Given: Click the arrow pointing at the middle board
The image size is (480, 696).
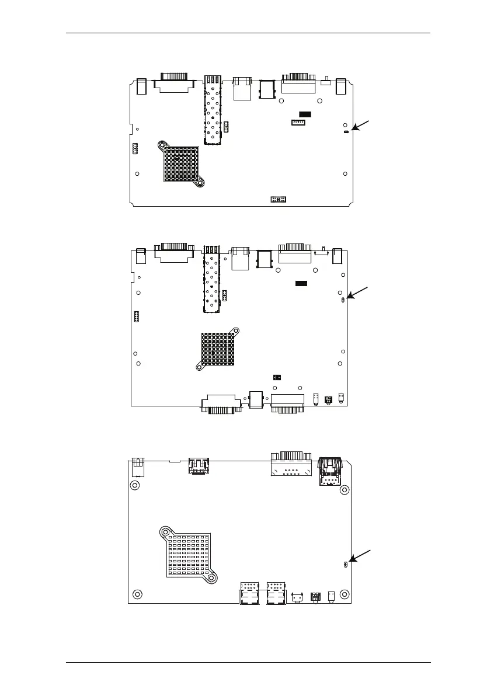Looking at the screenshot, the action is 359,291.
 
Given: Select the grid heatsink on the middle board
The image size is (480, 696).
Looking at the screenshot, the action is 218,350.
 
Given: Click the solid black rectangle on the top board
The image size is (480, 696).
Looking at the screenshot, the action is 305,113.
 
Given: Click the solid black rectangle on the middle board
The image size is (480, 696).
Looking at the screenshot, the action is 301,283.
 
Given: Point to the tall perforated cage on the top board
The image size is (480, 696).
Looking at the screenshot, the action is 213,111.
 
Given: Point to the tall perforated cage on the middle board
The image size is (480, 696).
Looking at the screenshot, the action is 211,277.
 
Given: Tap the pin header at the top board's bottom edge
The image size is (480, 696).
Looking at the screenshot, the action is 277,200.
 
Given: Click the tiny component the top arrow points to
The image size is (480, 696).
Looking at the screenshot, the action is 346,132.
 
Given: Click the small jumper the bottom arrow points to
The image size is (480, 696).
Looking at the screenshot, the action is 346,564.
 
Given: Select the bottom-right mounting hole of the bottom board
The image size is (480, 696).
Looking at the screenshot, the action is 346,594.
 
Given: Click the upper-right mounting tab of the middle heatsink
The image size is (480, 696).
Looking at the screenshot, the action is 235,330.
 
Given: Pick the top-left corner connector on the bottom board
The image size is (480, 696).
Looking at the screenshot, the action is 137,468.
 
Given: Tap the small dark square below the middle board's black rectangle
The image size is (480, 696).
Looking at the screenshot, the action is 277,377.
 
